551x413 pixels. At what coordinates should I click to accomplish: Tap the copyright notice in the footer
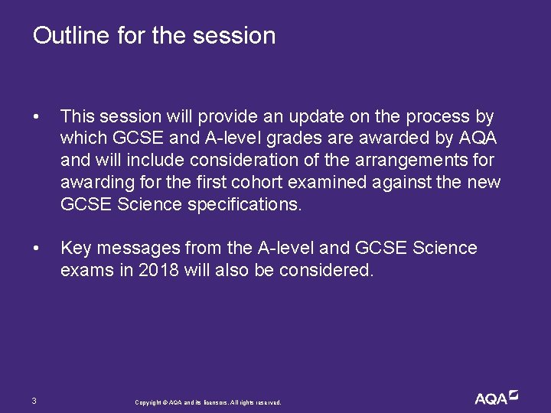pos(207,402)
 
